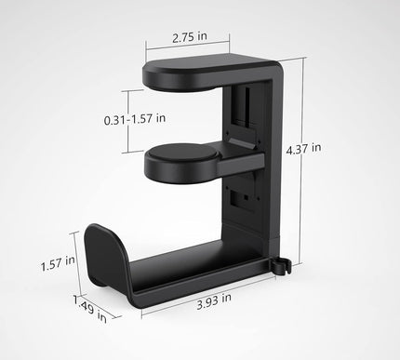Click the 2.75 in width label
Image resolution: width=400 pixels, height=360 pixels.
tap(201, 39)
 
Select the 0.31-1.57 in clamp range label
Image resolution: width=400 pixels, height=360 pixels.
tap(136, 118)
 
